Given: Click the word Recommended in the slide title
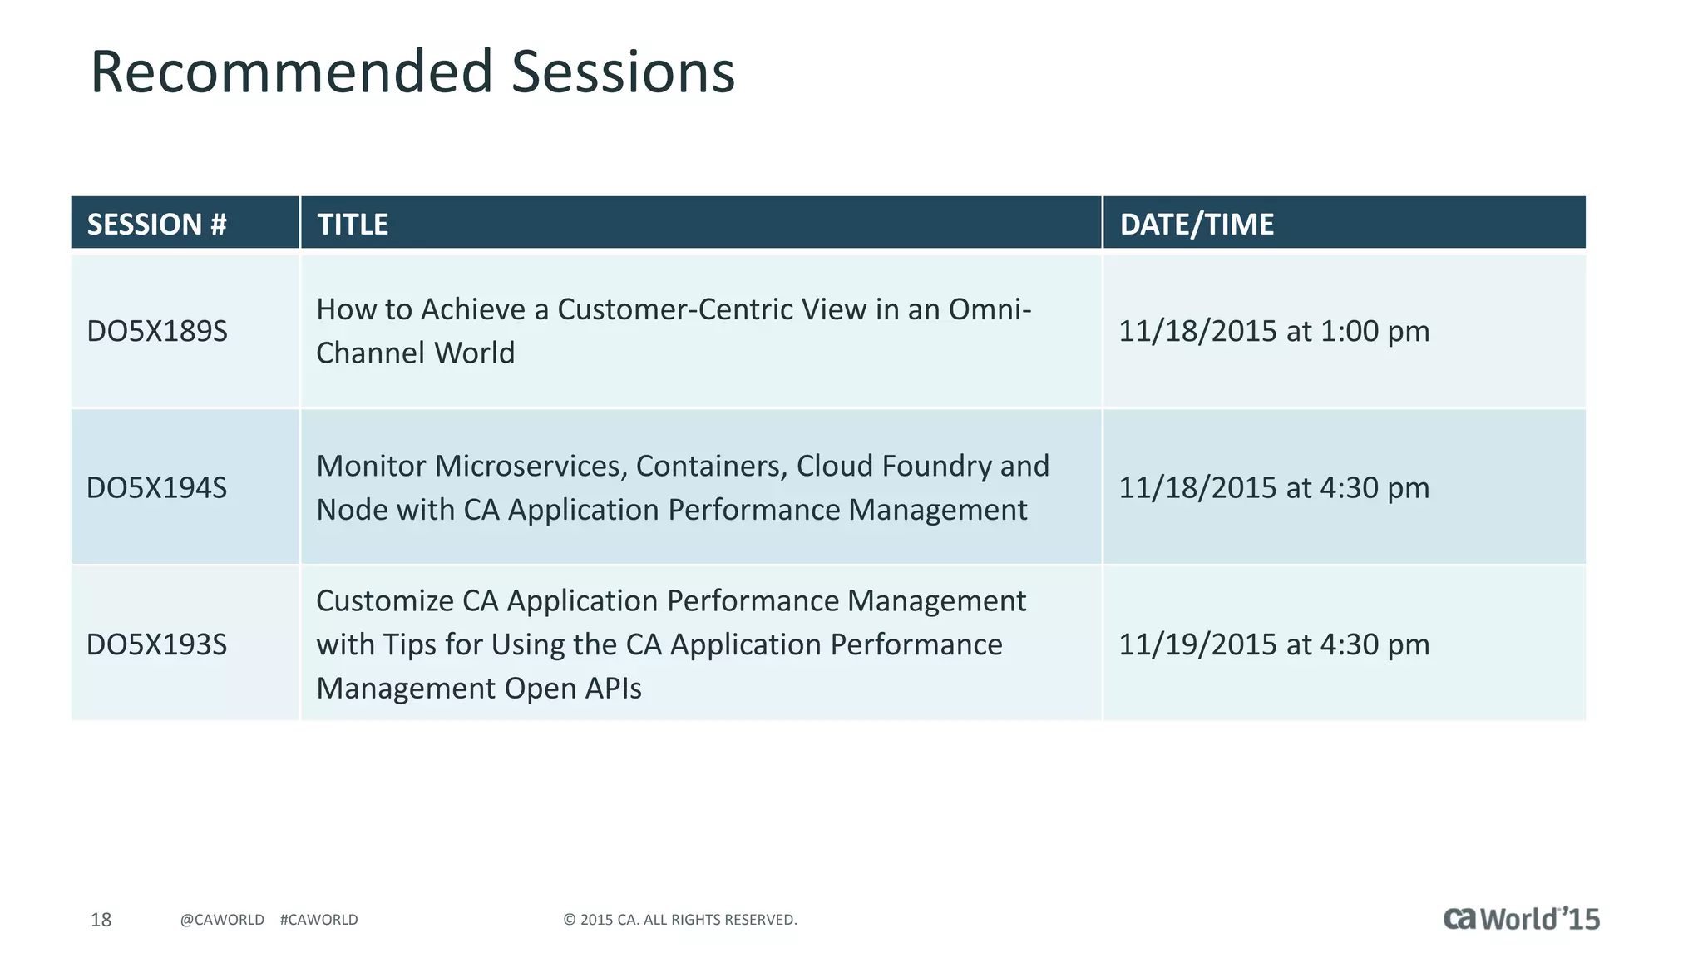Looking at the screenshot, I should (292, 72).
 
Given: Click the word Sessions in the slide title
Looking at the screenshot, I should (623, 72).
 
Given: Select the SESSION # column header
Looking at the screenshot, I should (156, 225).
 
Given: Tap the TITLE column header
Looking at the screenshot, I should (353, 225).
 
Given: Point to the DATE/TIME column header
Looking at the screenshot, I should (1196, 225).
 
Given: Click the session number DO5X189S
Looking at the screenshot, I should (156, 332).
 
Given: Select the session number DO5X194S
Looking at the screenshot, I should (156, 488).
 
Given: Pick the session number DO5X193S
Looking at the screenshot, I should (156, 645).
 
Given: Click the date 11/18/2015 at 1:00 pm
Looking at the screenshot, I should (1273, 332).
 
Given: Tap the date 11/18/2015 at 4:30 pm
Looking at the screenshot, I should (1273, 488).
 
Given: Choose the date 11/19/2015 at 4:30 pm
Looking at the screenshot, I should (1273, 645).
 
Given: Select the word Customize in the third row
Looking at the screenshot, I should (384, 601).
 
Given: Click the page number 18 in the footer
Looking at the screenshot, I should (101, 920).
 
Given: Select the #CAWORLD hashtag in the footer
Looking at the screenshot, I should (318, 920).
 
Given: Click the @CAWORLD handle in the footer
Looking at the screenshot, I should (222, 920).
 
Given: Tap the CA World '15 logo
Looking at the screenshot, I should (1521, 919).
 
